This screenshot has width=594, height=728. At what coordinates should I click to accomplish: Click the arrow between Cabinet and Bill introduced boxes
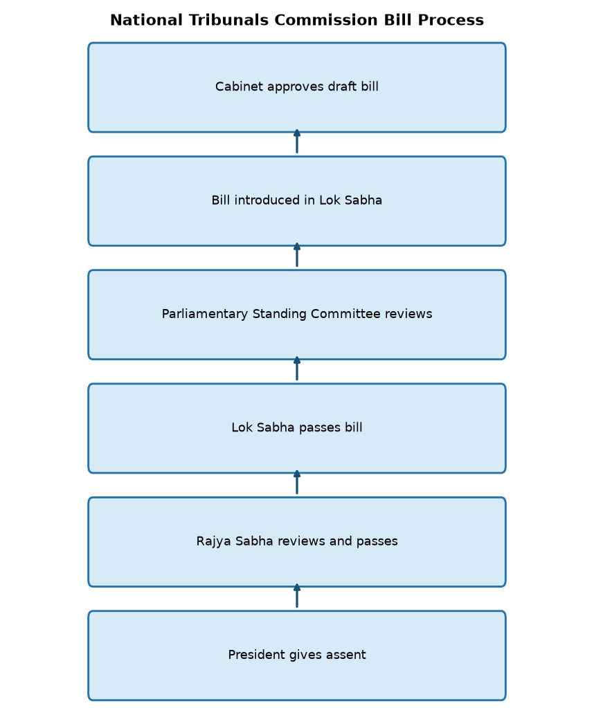click(297, 141)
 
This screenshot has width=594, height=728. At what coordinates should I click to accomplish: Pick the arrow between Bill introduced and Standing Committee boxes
click(297, 255)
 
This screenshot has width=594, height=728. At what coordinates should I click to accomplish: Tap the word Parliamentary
click(204, 315)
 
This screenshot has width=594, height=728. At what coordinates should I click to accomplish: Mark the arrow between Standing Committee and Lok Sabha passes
click(297, 368)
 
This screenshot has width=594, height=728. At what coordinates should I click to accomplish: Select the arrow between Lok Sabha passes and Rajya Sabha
click(297, 483)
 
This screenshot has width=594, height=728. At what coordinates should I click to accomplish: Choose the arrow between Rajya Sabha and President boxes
click(297, 596)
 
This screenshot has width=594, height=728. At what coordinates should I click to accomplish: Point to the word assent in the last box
click(345, 655)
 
